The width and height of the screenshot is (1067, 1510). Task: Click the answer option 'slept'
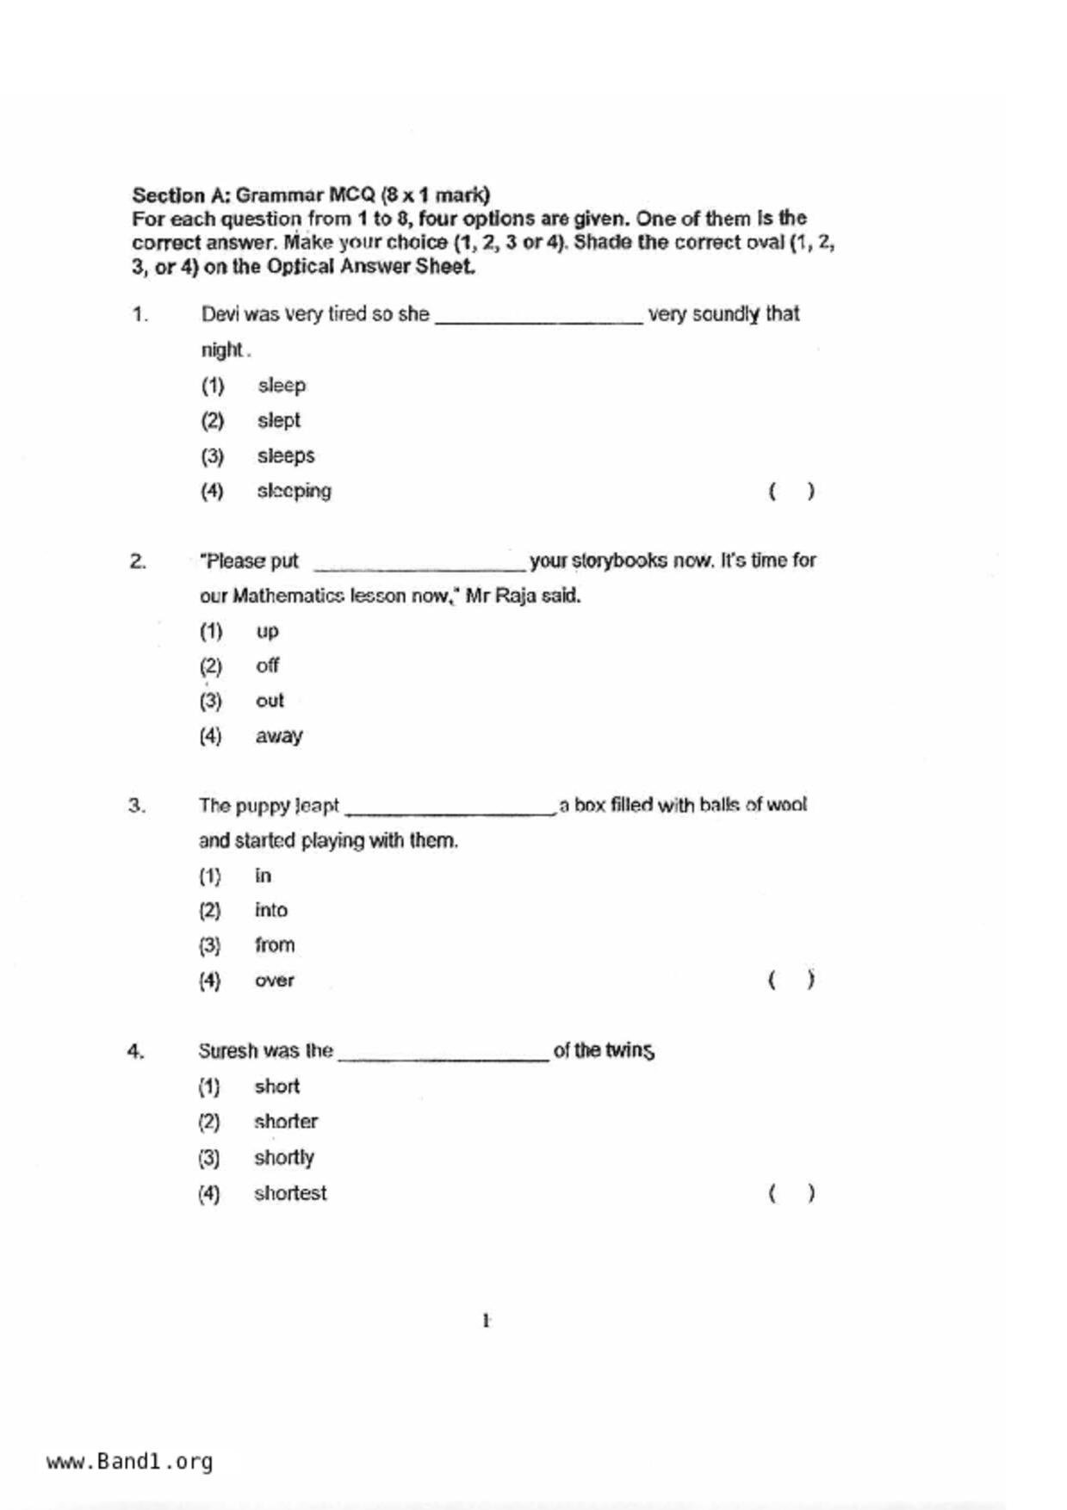click(x=278, y=421)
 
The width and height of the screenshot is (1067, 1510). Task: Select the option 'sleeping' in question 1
click(x=294, y=492)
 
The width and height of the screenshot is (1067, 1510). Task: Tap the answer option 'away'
click(x=278, y=736)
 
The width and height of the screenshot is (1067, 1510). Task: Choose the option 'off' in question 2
click(x=267, y=665)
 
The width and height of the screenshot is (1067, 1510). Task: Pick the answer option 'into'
click(x=270, y=910)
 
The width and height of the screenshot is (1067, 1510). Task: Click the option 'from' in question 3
click(x=274, y=945)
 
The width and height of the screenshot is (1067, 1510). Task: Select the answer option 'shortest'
click(x=290, y=1193)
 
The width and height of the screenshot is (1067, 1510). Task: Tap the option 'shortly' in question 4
click(x=283, y=1158)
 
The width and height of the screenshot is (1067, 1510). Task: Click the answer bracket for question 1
click(x=791, y=492)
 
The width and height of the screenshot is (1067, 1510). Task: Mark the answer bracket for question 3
click(x=791, y=980)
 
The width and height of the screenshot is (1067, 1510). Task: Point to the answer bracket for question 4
click(x=791, y=1193)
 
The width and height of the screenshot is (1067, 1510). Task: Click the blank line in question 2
click(x=419, y=566)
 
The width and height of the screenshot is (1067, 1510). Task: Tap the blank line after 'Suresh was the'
click(x=444, y=1057)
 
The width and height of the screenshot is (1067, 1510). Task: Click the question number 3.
click(x=137, y=806)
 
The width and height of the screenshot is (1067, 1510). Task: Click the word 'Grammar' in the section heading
click(x=280, y=195)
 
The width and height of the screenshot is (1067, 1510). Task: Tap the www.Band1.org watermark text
click(x=129, y=1462)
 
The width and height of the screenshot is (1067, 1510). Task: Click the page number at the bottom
click(x=487, y=1321)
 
